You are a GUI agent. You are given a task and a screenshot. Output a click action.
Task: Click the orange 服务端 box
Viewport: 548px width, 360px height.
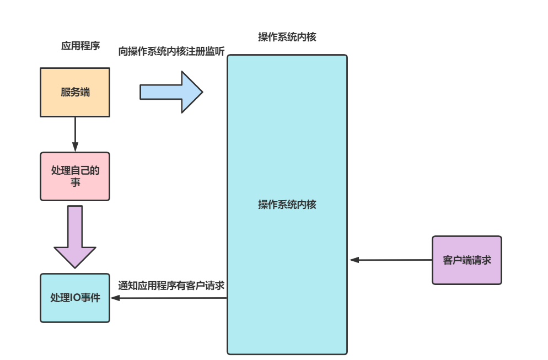point(75,92)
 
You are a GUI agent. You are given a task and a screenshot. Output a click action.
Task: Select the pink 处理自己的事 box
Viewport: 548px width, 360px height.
point(75,176)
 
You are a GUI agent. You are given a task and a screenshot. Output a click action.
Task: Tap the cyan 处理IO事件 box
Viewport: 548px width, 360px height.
point(75,298)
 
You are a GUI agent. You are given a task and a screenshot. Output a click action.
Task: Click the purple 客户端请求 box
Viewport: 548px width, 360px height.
point(466,260)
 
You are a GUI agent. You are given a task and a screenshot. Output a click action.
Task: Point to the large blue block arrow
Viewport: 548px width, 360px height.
point(171,92)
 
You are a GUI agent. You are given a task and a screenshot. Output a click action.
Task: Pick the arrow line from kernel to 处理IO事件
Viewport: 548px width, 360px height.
point(171,298)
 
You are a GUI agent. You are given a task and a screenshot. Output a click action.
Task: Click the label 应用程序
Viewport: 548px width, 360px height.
point(80,46)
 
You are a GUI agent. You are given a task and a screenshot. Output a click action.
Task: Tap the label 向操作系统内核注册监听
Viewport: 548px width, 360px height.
point(171,51)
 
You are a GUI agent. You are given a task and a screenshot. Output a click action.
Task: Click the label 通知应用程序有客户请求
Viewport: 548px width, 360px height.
point(171,286)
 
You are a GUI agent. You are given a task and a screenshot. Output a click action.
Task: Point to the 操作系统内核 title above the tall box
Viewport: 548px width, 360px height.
point(287,37)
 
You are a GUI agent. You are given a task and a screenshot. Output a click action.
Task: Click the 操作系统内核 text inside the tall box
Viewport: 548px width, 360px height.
point(287,205)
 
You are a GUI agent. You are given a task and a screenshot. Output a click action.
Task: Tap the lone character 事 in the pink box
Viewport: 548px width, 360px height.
point(75,182)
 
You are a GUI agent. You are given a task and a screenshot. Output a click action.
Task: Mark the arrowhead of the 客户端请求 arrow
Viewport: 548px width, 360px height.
point(354,260)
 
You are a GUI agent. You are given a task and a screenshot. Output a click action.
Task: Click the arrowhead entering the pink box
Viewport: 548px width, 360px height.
point(75,148)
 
